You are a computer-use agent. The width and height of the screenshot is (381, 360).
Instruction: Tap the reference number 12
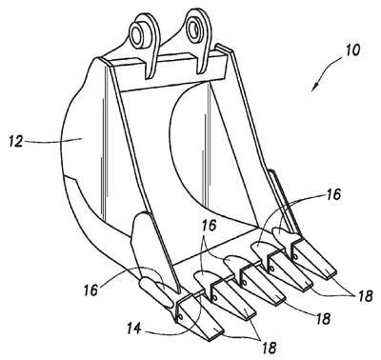(16, 141)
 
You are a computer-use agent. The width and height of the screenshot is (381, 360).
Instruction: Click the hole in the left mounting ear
(136, 33)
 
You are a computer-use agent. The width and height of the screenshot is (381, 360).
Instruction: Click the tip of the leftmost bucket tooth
(216, 335)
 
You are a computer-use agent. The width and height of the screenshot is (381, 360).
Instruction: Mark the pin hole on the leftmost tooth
(181, 317)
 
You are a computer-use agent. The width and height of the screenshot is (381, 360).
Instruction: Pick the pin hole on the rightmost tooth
(296, 256)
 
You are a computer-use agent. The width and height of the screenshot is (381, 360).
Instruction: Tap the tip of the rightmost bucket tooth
(331, 273)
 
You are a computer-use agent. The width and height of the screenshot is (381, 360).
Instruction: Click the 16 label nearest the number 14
(90, 290)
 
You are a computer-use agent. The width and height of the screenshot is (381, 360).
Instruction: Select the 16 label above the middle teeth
(209, 226)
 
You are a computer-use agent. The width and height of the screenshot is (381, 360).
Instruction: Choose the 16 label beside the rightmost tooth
(332, 194)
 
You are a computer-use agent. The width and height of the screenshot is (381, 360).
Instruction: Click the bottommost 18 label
(269, 348)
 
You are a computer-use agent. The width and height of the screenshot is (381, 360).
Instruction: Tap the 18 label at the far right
(365, 296)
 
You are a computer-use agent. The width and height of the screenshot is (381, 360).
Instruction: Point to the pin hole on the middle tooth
(244, 283)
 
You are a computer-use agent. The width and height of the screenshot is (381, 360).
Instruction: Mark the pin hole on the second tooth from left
(215, 298)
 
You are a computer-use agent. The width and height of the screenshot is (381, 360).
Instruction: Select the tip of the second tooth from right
(307, 286)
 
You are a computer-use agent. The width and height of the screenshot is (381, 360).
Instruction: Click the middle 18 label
(322, 318)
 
